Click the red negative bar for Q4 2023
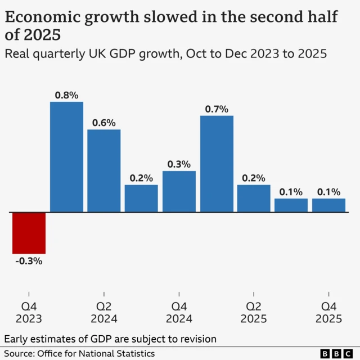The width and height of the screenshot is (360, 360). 29,233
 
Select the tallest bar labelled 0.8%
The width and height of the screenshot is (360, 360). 66,157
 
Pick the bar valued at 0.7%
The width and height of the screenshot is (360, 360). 217,164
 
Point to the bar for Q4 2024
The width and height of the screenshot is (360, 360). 179,191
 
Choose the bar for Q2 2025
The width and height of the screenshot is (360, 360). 254,198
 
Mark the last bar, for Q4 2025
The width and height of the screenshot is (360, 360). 328,205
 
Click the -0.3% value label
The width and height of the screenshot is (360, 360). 29,261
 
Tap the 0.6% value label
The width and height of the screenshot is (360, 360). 103,122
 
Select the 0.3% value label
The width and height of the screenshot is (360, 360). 179,164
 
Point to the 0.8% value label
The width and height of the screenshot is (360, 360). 66,94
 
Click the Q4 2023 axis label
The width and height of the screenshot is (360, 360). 29,313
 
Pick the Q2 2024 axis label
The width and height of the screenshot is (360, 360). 103,313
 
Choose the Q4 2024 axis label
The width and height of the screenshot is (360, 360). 179,313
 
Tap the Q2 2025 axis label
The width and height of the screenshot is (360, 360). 254,313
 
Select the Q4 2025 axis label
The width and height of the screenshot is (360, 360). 328,313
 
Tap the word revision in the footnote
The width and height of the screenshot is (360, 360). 197,339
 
